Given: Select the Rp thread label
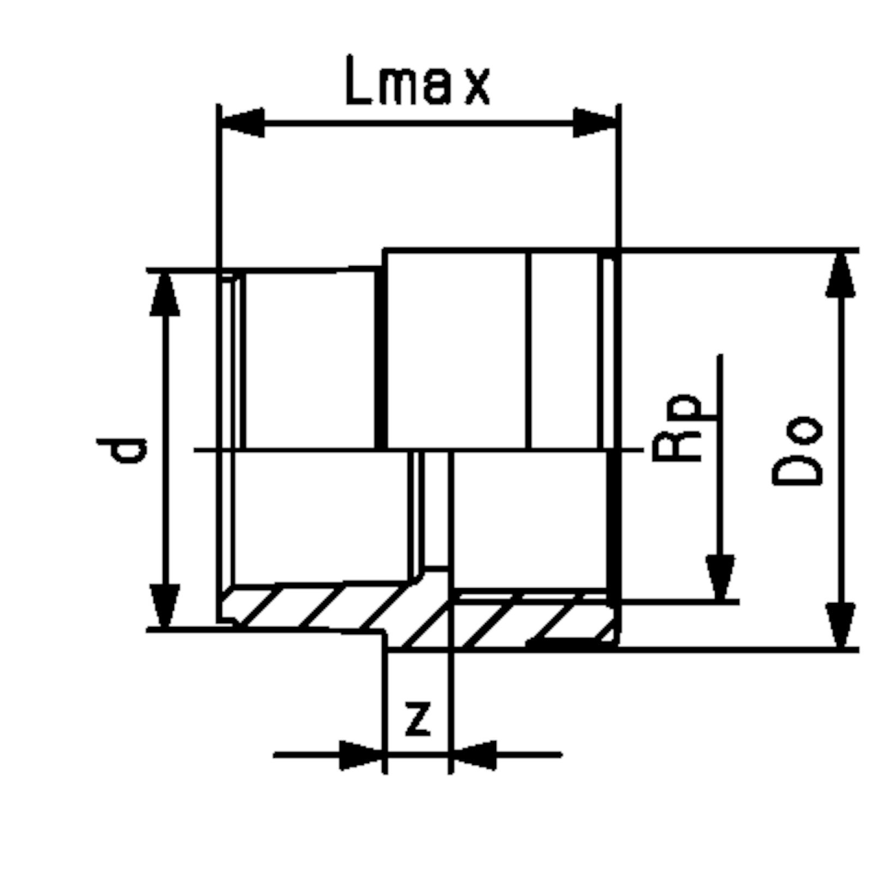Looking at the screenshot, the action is (x=678, y=427).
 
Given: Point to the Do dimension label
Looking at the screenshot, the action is (x=797, y=451).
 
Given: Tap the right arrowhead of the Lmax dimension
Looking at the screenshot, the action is (x=595, y=122).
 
